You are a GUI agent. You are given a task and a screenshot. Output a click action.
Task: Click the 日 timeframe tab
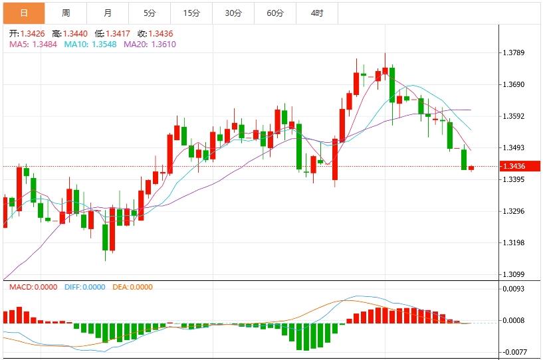coord(24,13)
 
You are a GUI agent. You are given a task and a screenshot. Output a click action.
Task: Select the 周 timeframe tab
coord(66,13)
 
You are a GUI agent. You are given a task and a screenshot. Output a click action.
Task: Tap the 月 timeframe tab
coord(108,13)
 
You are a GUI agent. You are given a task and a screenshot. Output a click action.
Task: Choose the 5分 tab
coord(150,13)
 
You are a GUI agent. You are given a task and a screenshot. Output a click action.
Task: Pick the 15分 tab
coord(191,13)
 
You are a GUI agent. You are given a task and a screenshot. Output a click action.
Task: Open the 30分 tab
coord(233,13)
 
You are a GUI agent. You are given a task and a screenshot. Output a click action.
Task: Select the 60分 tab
coord(274,13)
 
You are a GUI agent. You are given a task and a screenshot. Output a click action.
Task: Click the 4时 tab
coord(316,13)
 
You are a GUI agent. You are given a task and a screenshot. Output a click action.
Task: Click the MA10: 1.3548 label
coord(92,45)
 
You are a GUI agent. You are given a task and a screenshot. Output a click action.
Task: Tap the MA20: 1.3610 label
coord(150,45)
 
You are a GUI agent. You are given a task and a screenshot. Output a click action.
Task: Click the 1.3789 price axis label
coord(514,53)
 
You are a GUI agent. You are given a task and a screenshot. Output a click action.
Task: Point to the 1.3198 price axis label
coord(514,243)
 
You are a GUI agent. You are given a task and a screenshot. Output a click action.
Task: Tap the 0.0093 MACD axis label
coord(514,289)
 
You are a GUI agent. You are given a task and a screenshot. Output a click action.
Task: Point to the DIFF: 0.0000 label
coord(84,288)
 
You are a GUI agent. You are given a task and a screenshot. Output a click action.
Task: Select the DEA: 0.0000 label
coord(132,288)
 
